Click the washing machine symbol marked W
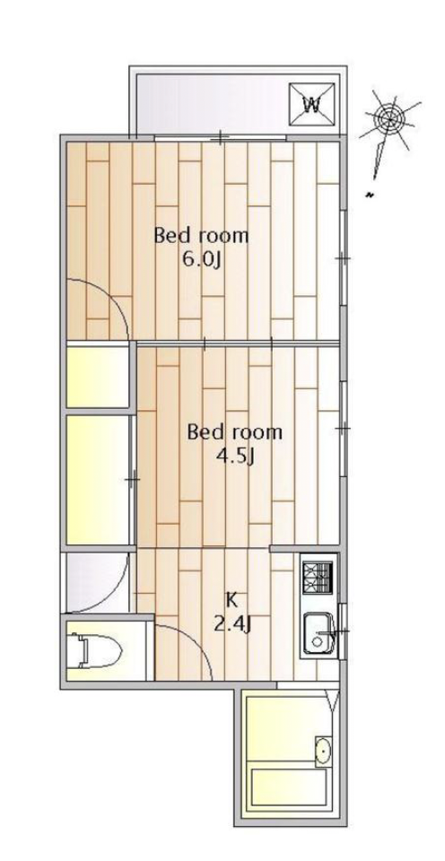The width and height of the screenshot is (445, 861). pyautogui.click(x=312, y=105)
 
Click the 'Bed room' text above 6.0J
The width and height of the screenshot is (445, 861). pyautogui.click(x=201, y=236)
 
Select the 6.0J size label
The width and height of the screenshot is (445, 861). pyautogui.click(x=202, y=259)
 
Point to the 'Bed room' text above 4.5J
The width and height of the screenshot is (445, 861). pyautogui.click(x=234, y=432)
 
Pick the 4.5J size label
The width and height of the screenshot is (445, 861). pyautogui.click(x=236, y=456)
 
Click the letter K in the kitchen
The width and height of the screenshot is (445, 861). pyautogui.click(x=231, y=600)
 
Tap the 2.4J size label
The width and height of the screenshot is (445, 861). pyautogui.click(x=232, y=624)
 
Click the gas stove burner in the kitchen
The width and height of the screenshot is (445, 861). pyautogui.click(x=318, y=578)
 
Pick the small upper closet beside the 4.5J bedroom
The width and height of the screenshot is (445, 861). pyautogui.click(x=99, y=378)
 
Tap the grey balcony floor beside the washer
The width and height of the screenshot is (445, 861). pyautogui.click(x=212, y=104)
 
